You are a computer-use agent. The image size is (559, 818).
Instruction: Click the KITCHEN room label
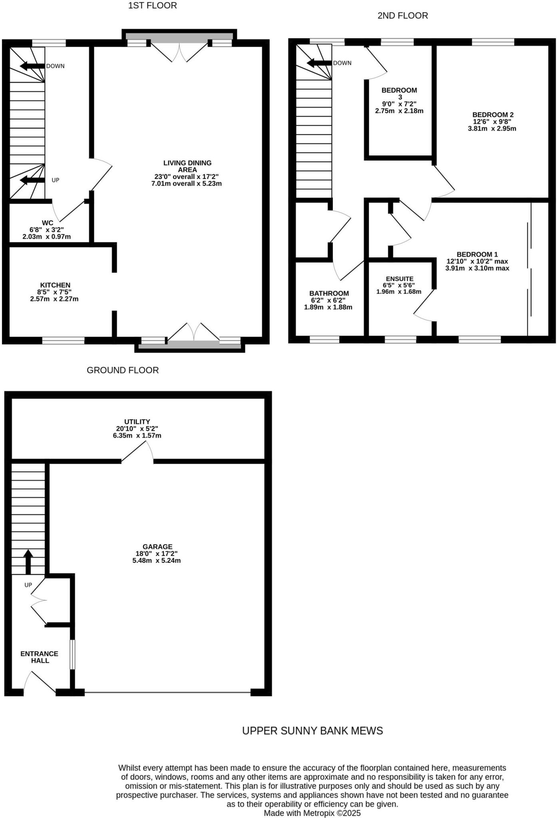(55, 285)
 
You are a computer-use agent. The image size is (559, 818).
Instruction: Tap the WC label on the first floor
(47, 222)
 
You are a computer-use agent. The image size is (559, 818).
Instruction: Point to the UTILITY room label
(137, 421)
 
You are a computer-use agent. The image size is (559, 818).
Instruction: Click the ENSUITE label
(400, 279)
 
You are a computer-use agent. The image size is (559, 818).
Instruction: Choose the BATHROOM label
(329, 293)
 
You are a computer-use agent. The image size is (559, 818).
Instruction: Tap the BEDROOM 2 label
(493, 115)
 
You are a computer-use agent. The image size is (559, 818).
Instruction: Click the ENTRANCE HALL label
(40, 657)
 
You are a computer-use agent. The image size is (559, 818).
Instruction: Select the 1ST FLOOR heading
(152, 6)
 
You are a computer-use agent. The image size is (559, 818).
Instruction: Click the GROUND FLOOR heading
(123, 370)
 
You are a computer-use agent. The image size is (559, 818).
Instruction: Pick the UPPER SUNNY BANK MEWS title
(312, 731)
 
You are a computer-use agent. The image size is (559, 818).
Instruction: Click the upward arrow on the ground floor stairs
(28, 561)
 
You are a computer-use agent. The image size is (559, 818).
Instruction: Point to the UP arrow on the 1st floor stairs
(32, 181)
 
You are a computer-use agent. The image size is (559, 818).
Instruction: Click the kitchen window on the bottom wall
(64, 340)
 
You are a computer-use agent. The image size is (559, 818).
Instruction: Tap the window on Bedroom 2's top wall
(493, 42)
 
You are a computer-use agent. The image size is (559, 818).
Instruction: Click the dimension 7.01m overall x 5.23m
(187, 184)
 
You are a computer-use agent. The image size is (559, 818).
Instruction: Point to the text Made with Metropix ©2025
(312, 813)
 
